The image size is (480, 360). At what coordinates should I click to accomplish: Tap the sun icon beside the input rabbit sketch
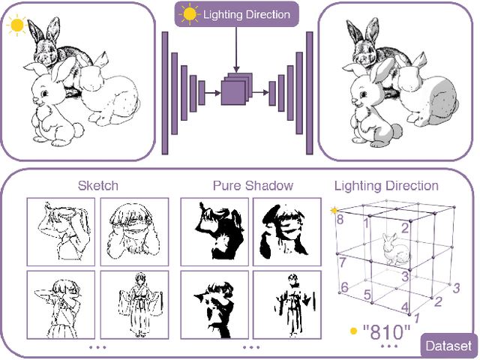(16, 25)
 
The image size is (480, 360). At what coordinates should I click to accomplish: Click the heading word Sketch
(98, 186)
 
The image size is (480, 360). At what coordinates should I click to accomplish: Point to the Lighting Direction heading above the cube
(386, 186)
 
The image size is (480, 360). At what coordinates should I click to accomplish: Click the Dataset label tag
(448, 346)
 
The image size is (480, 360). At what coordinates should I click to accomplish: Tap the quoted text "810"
(386, 330)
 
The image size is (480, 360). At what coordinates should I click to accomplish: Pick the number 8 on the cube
(340, 220)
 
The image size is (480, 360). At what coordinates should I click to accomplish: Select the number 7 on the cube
(341, 262)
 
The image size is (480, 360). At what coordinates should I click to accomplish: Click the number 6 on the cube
(344, 287)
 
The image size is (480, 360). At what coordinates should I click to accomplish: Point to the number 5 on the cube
(367, 295)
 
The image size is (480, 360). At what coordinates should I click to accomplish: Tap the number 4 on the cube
(405, 307)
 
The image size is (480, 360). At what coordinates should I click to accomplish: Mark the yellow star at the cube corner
(334, 210)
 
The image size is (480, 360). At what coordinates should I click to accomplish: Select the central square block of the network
(233, 91)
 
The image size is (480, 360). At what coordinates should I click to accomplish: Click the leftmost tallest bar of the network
(165, 90)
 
